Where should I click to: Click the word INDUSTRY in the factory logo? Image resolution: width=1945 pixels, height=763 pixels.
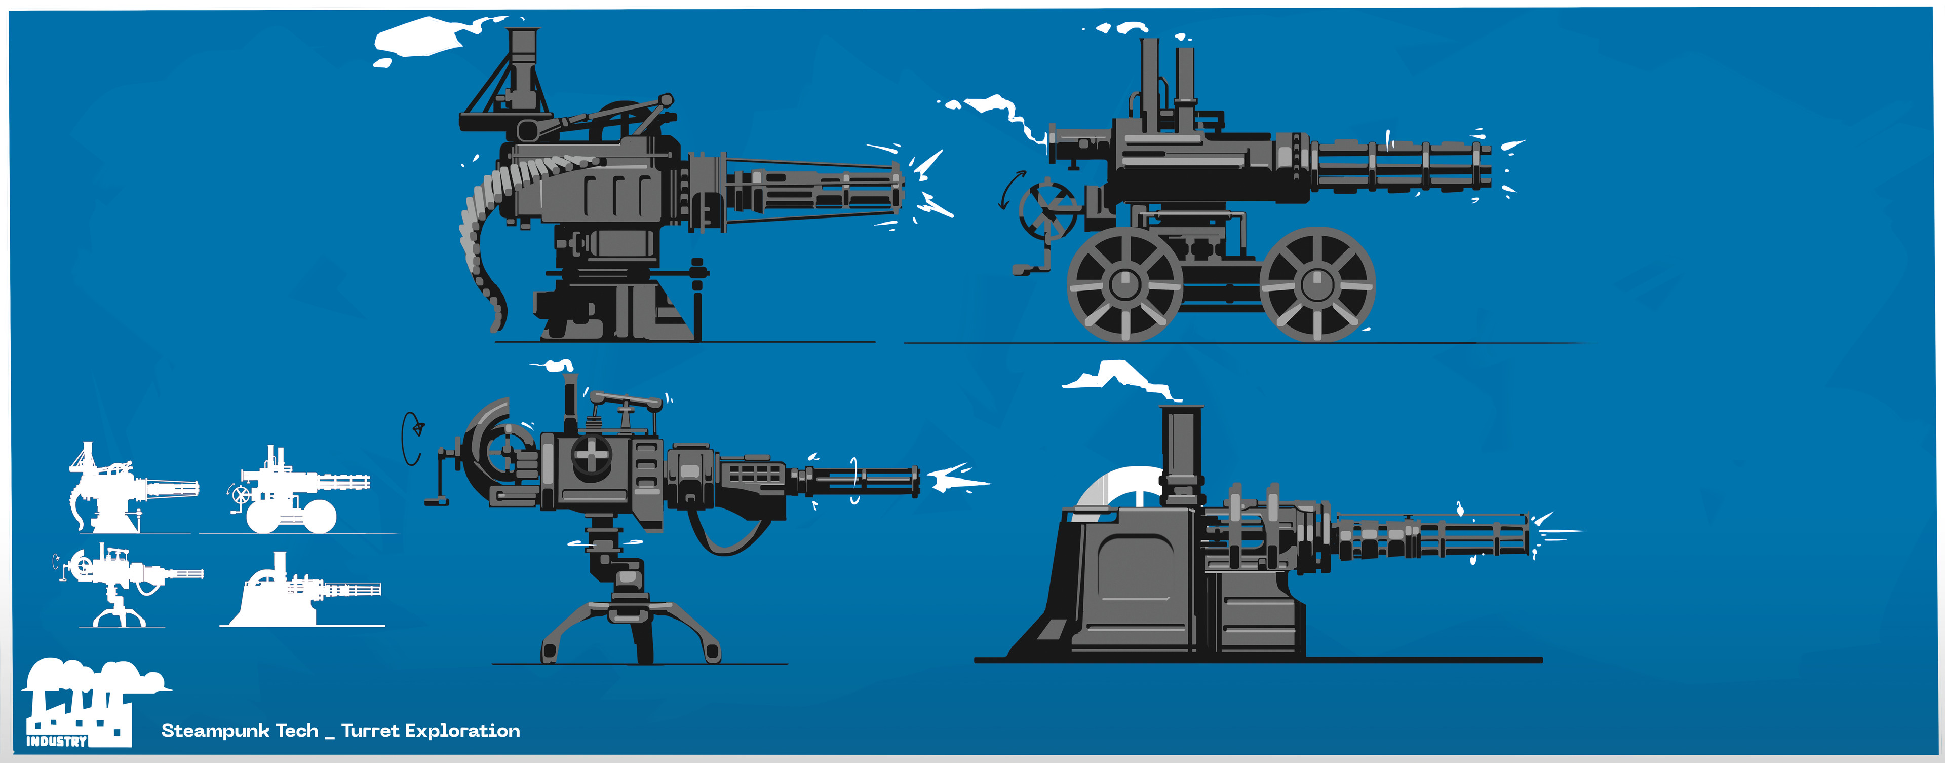point(57,741)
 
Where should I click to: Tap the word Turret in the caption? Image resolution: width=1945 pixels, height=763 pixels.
point(370,731)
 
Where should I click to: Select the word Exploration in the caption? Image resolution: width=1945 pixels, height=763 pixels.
point(462,731)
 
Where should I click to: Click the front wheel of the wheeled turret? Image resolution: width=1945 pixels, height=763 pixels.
point(1317,284)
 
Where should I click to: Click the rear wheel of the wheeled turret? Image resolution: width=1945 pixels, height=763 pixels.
point(1125,284)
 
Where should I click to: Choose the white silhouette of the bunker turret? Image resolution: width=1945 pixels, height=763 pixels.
point(302,593)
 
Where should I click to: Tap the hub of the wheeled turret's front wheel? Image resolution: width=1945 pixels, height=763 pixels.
point(1317,284)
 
